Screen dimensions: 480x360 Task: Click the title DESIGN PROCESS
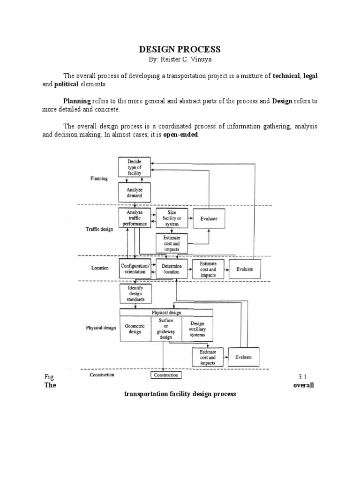(180, 49)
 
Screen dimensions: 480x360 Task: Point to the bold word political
(65, 84)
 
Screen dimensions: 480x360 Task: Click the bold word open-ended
(180, 135)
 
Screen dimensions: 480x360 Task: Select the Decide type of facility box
(134, 167)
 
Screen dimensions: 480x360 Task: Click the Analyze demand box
(134, 192)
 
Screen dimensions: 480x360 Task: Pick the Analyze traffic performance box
(134, 218)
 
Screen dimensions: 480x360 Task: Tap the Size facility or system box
(171, 218)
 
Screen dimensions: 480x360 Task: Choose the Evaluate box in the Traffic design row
(209, 218)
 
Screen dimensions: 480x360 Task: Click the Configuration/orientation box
(135, 269)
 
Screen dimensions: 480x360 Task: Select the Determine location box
(171, 269)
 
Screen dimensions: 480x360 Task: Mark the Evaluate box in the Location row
(245, 269)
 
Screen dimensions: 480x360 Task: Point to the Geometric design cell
(135, 328)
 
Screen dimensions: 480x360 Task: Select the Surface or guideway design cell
(165, 328)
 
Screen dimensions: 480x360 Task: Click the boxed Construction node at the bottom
(166, 375)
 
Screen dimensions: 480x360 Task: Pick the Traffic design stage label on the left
(99, 230)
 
